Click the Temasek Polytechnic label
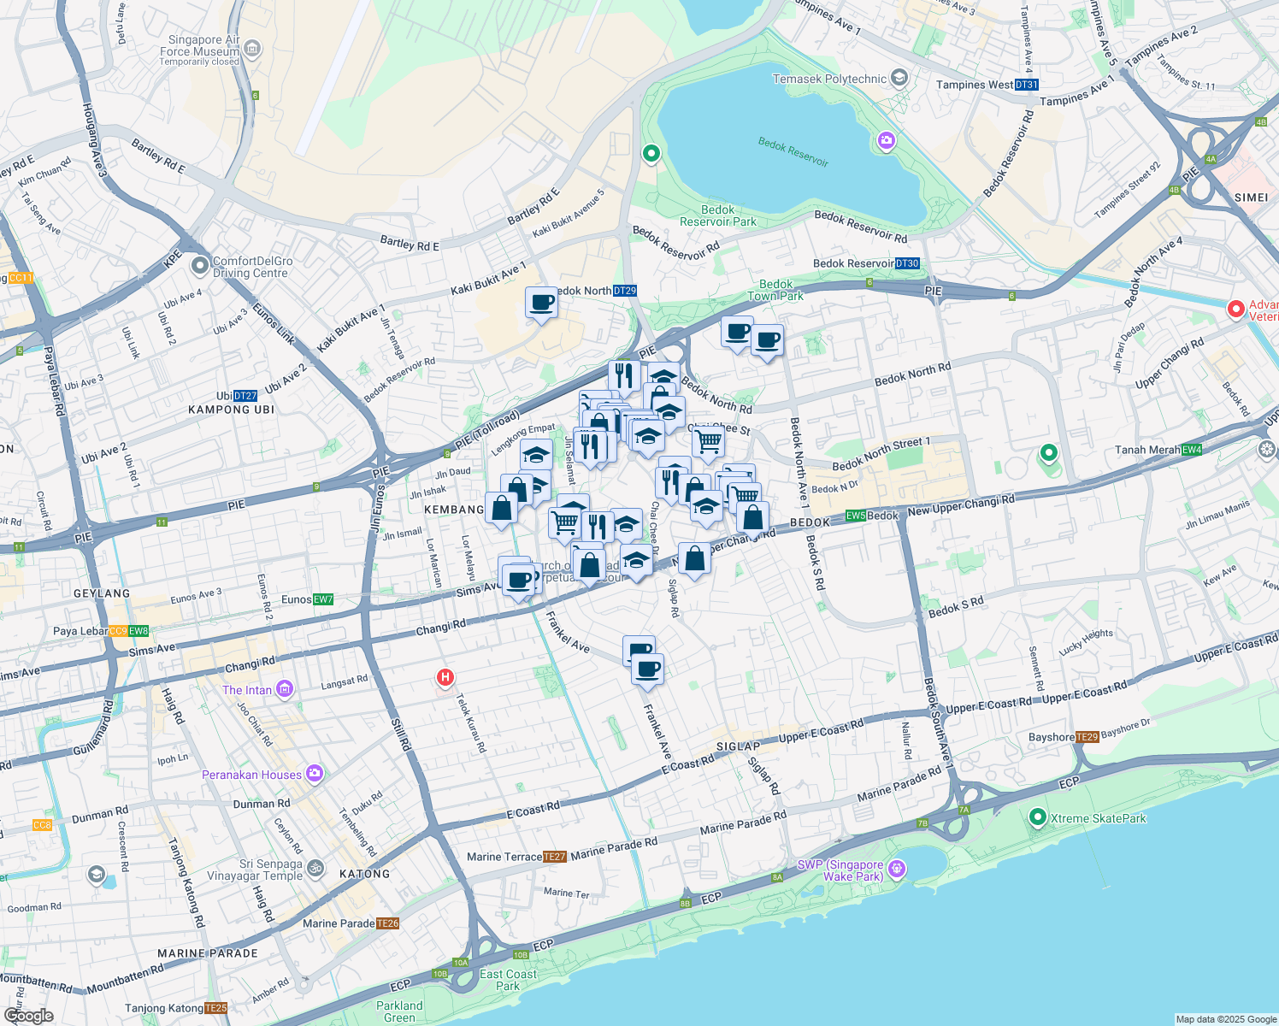[x=829, y=79]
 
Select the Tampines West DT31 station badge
[x=1026, y=85]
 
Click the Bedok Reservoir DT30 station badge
[x=907, y=263]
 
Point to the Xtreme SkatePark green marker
[x=1037, y=818]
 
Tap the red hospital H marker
[x=445, y=678]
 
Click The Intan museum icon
[x=285, y=689]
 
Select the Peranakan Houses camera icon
[x=315, y=774]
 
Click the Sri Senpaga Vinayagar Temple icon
[x=315, y=869]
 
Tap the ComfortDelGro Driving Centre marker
[x=200, y=267]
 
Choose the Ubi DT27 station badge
[x=245, y=396]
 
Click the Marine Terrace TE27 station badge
[x=554, y=857]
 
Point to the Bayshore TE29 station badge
[x=1087, y=737]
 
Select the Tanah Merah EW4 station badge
[x=1192, y=450]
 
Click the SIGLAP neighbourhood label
[x=738, y=746]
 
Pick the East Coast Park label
[x=508, y=980]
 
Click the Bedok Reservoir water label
[x=793, y=152]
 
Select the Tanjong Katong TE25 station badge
[x=216, y=1008]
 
